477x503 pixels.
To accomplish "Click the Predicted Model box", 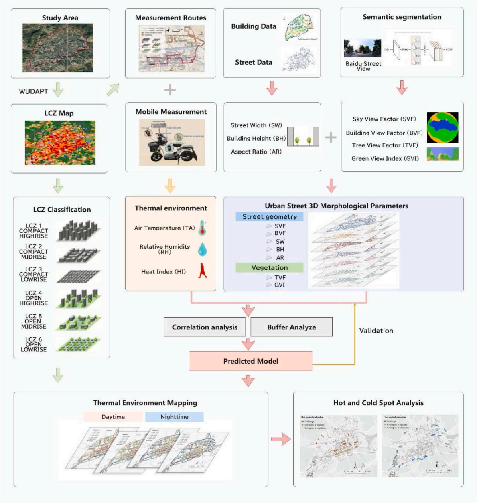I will [x=251, y=361].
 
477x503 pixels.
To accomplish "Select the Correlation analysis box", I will [x=205, y=327].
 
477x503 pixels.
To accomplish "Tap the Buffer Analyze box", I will [x=292, y=327].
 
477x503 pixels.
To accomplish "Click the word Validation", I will [x=376, y=331].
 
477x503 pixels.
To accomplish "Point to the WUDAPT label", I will [x=33, y=91].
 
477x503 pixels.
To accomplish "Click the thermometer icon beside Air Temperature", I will [x=203, y=228].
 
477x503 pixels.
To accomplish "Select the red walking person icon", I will [x=203, y=271].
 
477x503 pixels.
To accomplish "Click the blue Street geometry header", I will [x=270, y=217].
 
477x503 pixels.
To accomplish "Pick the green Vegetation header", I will [x=270, y=267].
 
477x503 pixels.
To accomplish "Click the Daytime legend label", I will [x=113, y=417].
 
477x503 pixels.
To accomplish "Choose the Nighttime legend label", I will [x=175, y=417].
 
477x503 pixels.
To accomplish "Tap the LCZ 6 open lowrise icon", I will [x=78, y=344].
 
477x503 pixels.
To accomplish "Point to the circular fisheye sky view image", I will [x=442, y=127].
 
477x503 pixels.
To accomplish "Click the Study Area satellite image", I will [x=58, y=47].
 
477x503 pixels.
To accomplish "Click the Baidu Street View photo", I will [x=362, y=48].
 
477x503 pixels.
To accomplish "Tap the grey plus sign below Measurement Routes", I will [x=170, y=89].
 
